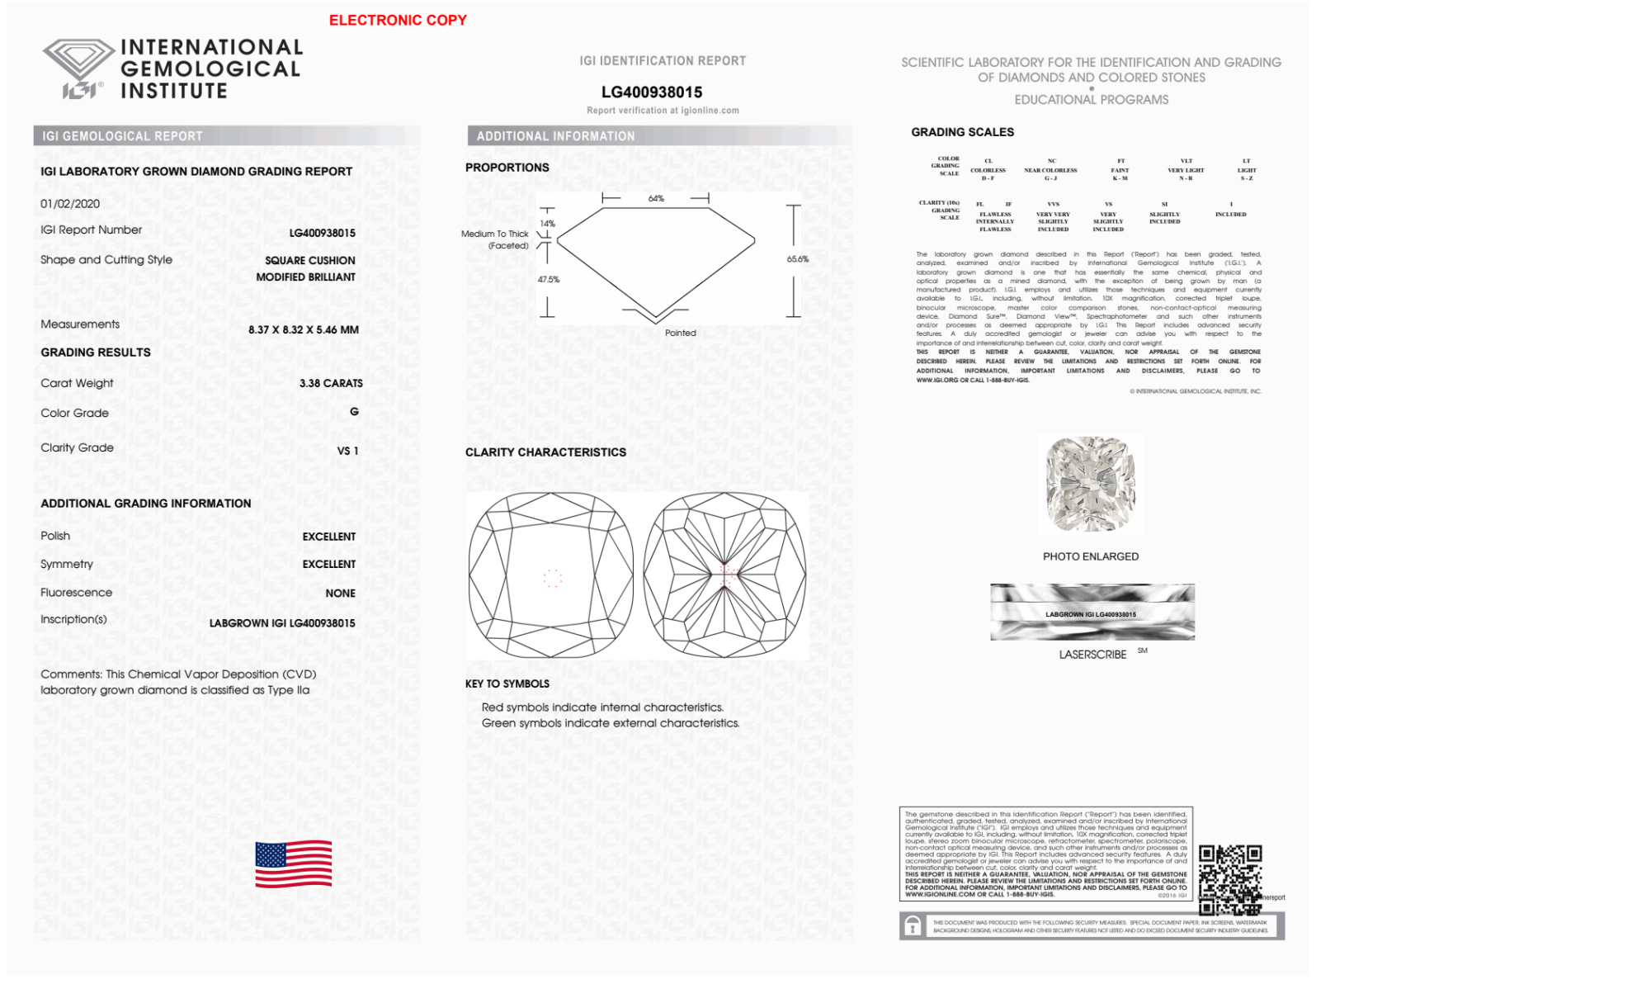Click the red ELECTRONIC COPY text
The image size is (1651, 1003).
coord(398,20)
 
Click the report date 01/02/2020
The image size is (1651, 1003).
coord(70,204)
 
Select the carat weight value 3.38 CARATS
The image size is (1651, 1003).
coord(331,383)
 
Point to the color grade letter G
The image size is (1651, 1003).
coord(354,412)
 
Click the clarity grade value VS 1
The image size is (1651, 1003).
coord(347,451)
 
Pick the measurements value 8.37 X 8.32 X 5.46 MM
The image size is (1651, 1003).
coord(304,329)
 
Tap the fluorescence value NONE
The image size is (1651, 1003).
coord(340,593)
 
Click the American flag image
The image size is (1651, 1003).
coord(293,864)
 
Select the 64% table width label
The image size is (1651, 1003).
coord(656,199)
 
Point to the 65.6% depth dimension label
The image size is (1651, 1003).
coord(798,259)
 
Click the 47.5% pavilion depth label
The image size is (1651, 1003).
coord(549,280)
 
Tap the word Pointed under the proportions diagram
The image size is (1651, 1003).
coord(681,334)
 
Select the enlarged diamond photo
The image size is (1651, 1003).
coord(1090,485)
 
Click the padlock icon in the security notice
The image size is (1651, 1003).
coord(913,926)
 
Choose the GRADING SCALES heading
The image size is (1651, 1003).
coord(962,132)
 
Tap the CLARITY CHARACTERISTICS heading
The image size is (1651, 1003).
coord(545,452)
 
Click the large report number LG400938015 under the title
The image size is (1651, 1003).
coord(652,92)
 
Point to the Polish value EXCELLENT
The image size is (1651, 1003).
coord(328,537)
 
